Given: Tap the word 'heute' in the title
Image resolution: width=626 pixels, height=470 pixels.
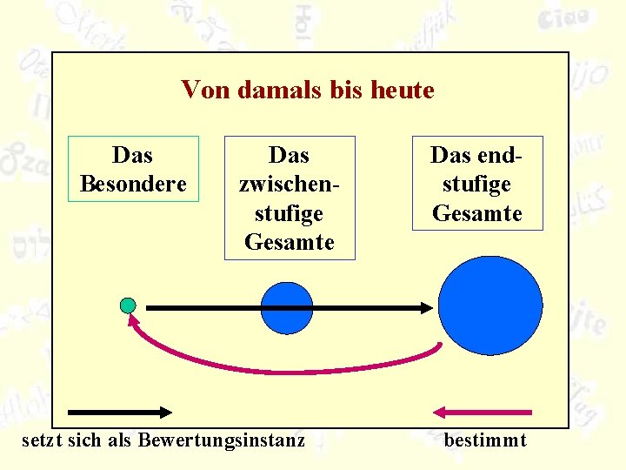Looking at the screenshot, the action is (402, 90).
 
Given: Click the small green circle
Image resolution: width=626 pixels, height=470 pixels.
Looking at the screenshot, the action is (128, 305).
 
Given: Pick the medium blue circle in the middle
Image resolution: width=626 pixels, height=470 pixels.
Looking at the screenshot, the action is (286, 308).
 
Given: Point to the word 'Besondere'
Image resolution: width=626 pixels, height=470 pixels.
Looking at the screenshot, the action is (133, 185).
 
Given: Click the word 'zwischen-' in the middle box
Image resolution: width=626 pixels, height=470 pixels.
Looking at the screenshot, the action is (290, 185).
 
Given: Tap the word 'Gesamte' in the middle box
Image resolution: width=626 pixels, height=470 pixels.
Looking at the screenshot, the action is (290, 242).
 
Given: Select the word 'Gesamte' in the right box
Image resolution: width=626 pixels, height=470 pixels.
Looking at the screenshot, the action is (477, 213).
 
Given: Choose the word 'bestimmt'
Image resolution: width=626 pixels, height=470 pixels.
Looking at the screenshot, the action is (485, 440).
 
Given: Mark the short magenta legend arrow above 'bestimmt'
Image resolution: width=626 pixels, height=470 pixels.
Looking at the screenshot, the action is (483, 411).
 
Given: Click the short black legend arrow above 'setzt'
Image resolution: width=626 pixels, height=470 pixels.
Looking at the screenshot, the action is (120, 411).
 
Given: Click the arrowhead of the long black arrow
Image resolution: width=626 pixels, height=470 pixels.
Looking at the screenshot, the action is (426, 307).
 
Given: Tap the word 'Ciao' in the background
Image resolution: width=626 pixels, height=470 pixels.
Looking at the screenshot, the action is (563, 17).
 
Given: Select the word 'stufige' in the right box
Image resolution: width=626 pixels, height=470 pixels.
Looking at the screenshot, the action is (477, 185).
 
